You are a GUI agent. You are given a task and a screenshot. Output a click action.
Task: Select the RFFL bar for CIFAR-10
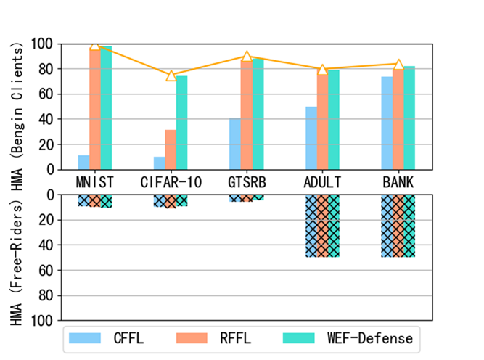click(x=171, y=150)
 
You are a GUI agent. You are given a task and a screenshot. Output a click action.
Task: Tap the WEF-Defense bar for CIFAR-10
click(x=181, y=123)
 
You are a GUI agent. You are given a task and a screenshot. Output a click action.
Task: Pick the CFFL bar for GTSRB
click(x=235, y=144)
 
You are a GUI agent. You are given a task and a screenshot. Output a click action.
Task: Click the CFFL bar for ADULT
click(x=311, y=138)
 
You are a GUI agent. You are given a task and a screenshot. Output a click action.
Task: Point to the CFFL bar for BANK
click(x=387, y=123)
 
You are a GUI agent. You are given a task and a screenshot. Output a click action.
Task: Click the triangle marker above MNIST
click(x=95, y=45)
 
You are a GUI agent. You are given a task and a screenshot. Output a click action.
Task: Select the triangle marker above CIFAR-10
click(x=171, y=75)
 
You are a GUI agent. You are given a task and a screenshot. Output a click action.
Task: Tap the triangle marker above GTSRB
click(x=247, y=56)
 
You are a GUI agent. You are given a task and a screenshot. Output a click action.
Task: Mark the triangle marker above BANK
click(x=398, y=64)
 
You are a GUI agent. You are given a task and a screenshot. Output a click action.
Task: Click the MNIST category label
click(x=95, y=181)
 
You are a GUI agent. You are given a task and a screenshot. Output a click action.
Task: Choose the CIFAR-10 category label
click(x=171, y=181)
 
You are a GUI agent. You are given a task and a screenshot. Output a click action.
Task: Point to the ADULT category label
click(x=322, y=181)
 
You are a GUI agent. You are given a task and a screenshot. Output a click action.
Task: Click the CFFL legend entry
click(x=113, y=338)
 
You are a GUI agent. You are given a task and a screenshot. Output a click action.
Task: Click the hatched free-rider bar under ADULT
click(x=322, y=226)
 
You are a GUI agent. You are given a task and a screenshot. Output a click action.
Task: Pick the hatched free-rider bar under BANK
click(x=398, y=226)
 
